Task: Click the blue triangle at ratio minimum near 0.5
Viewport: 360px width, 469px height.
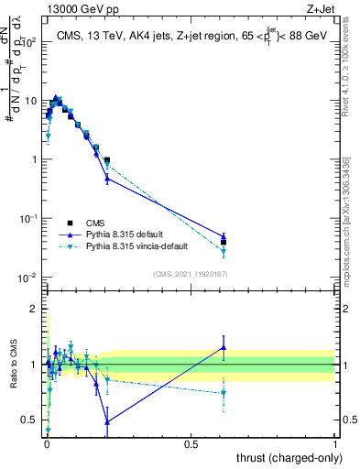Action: [x=107, y=421]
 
